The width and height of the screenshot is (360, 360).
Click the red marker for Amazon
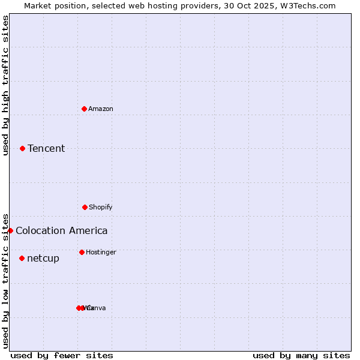click(84, 109)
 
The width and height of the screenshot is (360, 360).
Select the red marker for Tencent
click(22, 148)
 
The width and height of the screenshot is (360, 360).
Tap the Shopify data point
click(85, 207)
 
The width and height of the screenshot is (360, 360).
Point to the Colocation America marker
click(10, 230)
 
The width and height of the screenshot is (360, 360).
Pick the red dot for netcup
click(22, 258)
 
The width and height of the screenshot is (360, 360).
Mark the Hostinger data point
click(82, 252)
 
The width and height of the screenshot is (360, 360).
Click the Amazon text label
click(101, 109)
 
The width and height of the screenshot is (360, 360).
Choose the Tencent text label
click(46, 148)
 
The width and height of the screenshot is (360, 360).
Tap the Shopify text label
click(101, 207)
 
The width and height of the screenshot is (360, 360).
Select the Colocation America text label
click(62, 230)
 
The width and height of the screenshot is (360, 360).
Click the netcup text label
click(43, 258)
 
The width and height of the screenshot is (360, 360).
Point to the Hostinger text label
click(101, 252)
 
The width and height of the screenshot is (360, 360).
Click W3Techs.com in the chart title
click(308, 5)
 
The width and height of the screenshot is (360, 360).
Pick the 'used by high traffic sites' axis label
click(5, 85)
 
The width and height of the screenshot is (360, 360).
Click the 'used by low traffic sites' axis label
click(5, 281)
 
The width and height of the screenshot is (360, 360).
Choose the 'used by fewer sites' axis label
click(62, 355)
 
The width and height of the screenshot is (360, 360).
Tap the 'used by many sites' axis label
click(301, 355)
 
